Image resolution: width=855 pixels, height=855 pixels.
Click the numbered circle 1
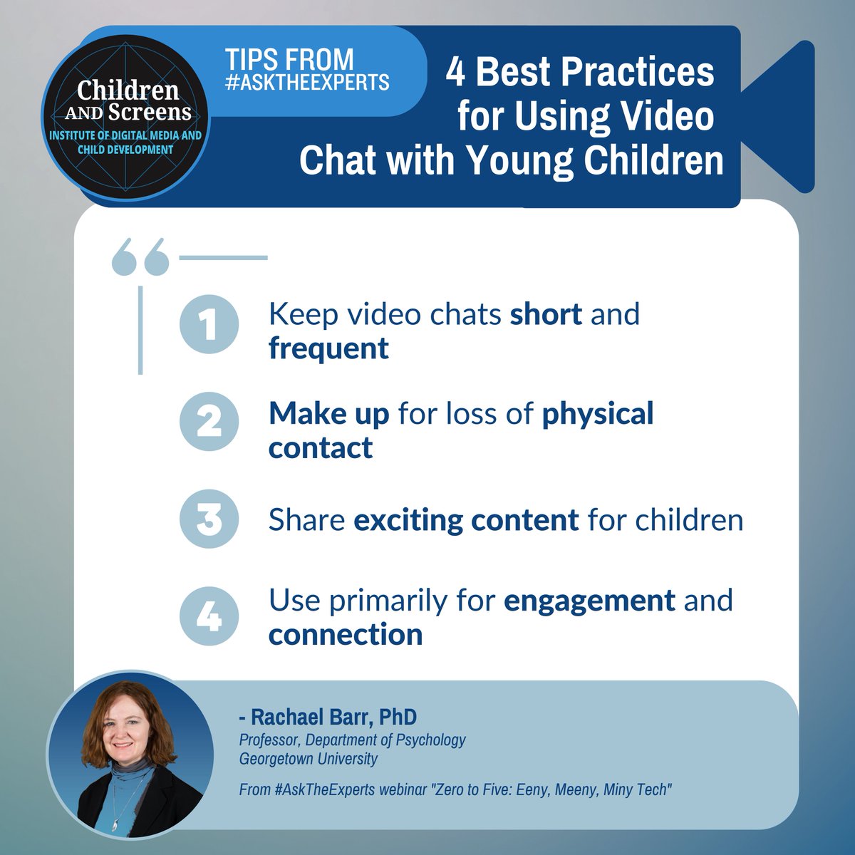pyautogui.click(x=209, y=325)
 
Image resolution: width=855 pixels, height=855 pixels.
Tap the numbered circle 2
pyautogui.click(x=209, y=421)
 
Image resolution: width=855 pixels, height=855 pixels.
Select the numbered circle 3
pyautogui.click(x=209, y=519)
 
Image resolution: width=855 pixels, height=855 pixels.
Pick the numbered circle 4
pyautogui.click(x=209, y=616)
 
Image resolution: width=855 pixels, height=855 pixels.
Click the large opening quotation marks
pyautogui.click(x=140, y=257)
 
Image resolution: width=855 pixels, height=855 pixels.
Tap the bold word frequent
pyautogui.click(x=328, y=348)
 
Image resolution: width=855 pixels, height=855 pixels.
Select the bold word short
pyautogui.click(x=546, y=314)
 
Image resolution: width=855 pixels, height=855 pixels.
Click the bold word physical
pyautogui.click(x=598, y=414)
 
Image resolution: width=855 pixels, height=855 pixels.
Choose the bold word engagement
pyautogui.click(x=589, y=601)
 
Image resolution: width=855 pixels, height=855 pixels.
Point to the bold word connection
pyautogui.click(x=346, y=635)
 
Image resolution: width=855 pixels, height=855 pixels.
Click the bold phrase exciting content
pyautogui.click(x=466, y=520)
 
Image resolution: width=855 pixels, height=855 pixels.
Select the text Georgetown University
pyautogui.click(x=308, y=758)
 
